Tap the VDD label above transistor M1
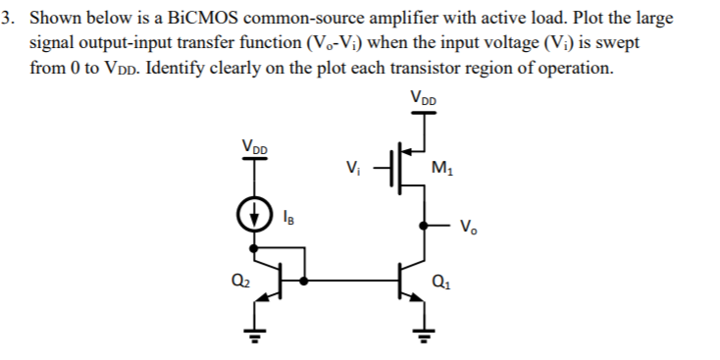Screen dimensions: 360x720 click(423, 99)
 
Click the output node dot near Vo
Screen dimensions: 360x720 click(422, 225)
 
